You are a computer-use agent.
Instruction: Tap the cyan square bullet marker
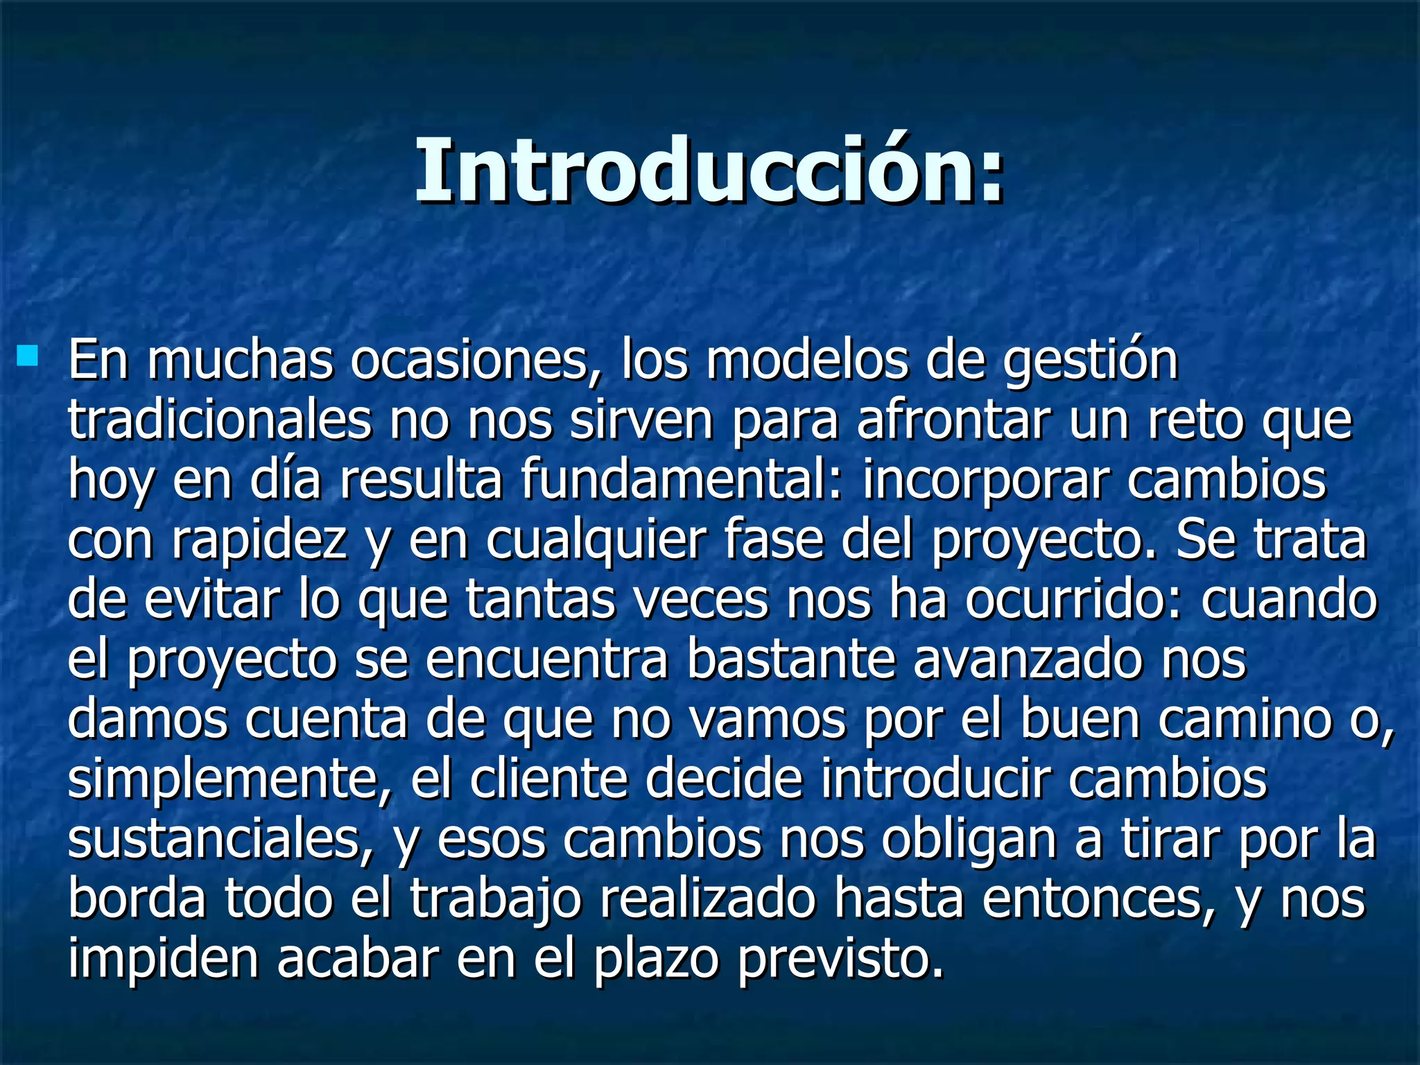pyautogui.click(x=28, y=356)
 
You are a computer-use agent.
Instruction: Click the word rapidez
pyautogui.click(x=259, y=541)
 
